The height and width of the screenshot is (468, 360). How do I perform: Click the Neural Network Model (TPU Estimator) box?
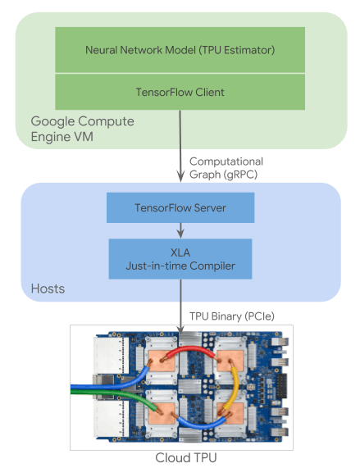point(180,50)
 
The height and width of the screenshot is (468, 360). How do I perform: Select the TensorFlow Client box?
point(180,92)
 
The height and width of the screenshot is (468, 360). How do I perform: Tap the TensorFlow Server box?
point(180,207)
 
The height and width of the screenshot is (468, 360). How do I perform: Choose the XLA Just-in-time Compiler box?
point(180,259)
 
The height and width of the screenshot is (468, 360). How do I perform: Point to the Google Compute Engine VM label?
point(82,129)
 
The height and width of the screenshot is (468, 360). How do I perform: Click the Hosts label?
point(48,289)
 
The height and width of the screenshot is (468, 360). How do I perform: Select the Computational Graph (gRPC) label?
point(226,168)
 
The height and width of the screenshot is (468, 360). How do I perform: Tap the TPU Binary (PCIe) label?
point(232,316)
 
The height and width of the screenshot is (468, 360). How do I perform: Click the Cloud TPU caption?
point(186,458)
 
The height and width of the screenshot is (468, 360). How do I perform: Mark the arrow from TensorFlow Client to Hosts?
point(180,146)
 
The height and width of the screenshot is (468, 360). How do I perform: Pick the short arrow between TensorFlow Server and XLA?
point(180,230)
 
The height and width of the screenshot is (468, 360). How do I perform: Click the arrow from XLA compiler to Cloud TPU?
point(180,307)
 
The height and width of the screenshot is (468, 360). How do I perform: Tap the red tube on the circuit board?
point(191,348)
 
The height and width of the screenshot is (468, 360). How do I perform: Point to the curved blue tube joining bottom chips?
point(201,425)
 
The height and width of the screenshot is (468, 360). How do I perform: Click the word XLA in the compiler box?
point(180,252)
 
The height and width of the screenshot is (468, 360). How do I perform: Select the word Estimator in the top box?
point(249,50)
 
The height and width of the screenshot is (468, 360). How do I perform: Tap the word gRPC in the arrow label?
point(240,175)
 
